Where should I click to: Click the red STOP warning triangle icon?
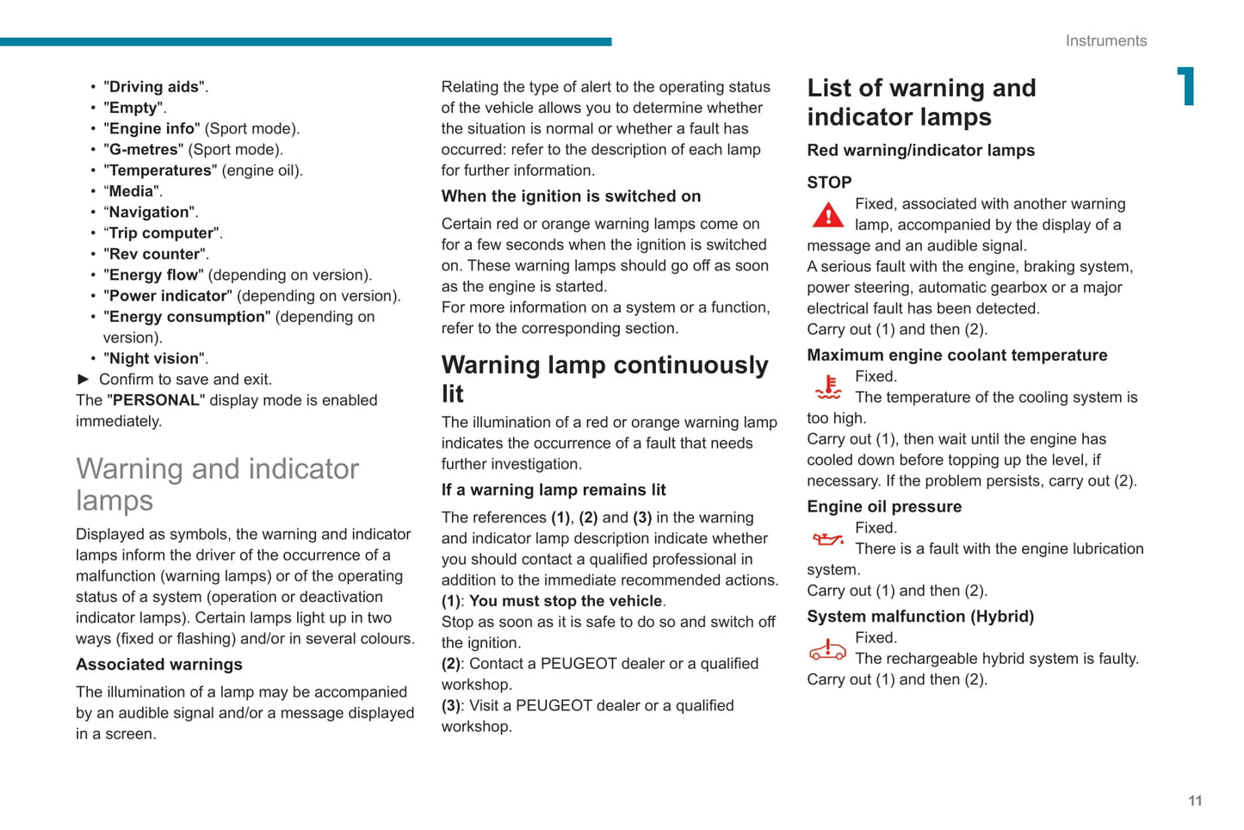coord(828,215)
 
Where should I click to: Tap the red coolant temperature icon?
coord(828,387)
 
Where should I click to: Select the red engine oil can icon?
coord(828,540)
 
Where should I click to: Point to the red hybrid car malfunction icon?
coord(827,650)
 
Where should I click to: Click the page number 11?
coord(1195,801)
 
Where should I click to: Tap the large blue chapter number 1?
coord(1186,87)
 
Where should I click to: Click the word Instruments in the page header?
coord(1105,40)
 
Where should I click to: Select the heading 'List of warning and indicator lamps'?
coord(921,102)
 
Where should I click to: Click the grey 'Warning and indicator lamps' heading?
coord(217,484)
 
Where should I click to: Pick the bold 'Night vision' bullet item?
coord(157,358)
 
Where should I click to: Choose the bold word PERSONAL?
coord(156,400)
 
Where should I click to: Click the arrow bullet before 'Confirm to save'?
coord(84,379)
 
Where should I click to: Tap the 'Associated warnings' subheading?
coord(159,665)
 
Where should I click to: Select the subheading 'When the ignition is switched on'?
coord(571,196)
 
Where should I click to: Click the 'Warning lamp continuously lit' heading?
coord(604,379)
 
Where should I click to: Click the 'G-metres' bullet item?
coord(143,149)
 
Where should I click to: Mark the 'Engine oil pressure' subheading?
coord(884,506)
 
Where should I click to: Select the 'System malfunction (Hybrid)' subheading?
coord(920,616)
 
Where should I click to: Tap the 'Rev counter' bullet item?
coord(155,254)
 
